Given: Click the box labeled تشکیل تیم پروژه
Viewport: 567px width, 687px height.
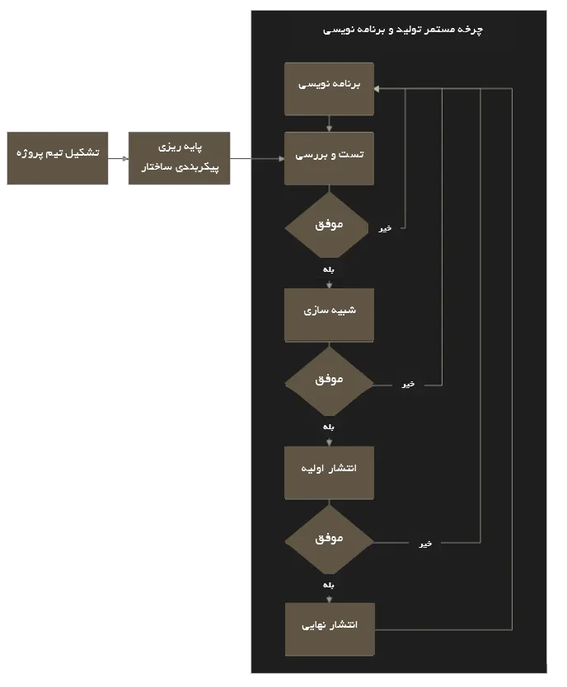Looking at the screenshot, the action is (58, 158).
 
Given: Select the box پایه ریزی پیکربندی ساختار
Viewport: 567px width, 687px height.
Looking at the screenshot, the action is (179, 158).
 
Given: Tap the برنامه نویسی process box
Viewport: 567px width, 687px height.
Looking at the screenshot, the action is (329, 89).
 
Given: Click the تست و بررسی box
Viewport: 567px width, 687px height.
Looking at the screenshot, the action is (329, 159).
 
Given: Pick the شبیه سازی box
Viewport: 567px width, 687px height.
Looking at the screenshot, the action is (329, 315).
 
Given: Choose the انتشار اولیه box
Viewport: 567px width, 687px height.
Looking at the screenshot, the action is (329, 473).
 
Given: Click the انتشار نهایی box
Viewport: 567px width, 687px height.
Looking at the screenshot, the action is (330, 629).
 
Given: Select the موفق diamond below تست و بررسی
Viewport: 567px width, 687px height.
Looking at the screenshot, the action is (327, 226).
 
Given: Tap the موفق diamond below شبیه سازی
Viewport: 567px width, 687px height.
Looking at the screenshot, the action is (329, 382).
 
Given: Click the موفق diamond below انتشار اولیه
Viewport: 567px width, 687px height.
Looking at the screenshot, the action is (329, 540).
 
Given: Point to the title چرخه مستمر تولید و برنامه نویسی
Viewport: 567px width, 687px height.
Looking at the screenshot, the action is (403, 30).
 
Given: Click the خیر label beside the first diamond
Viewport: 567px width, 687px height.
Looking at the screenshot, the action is (385, 228).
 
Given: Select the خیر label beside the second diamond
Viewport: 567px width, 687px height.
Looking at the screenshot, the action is (408, 384).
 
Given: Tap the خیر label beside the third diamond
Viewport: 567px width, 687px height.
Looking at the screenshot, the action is (425, 544).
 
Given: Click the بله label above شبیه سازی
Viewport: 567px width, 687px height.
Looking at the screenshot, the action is (329, 269).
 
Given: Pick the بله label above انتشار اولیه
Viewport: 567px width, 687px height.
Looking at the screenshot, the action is (329, 427).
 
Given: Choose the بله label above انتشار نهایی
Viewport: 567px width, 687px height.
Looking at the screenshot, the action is (329, 585).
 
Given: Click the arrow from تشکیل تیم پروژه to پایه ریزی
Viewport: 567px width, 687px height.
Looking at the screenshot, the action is (119, 159).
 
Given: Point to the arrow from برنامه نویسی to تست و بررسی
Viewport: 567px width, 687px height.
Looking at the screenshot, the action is (329, 124).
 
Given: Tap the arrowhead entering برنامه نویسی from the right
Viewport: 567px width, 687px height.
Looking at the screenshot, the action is (377, 89).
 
